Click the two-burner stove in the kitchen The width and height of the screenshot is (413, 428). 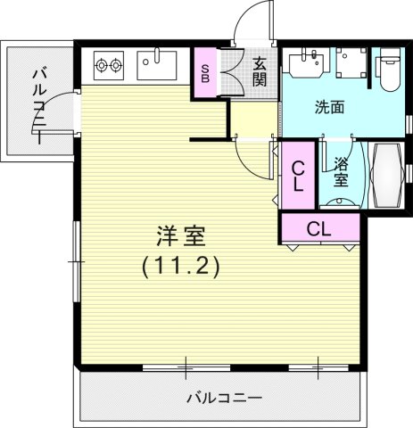(x=108, y=65)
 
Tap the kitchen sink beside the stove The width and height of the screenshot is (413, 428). (x=157, y=65)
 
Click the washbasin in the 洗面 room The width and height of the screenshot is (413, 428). (x=303, y=64)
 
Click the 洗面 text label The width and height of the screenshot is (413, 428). (x=329, y=108)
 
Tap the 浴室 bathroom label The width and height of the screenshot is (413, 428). (x=341, y=171)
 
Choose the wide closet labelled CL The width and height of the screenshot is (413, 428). (x=318, y=228)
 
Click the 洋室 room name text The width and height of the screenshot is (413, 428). (x=181, y=237)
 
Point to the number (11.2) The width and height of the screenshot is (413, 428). (x=181, y=265)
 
